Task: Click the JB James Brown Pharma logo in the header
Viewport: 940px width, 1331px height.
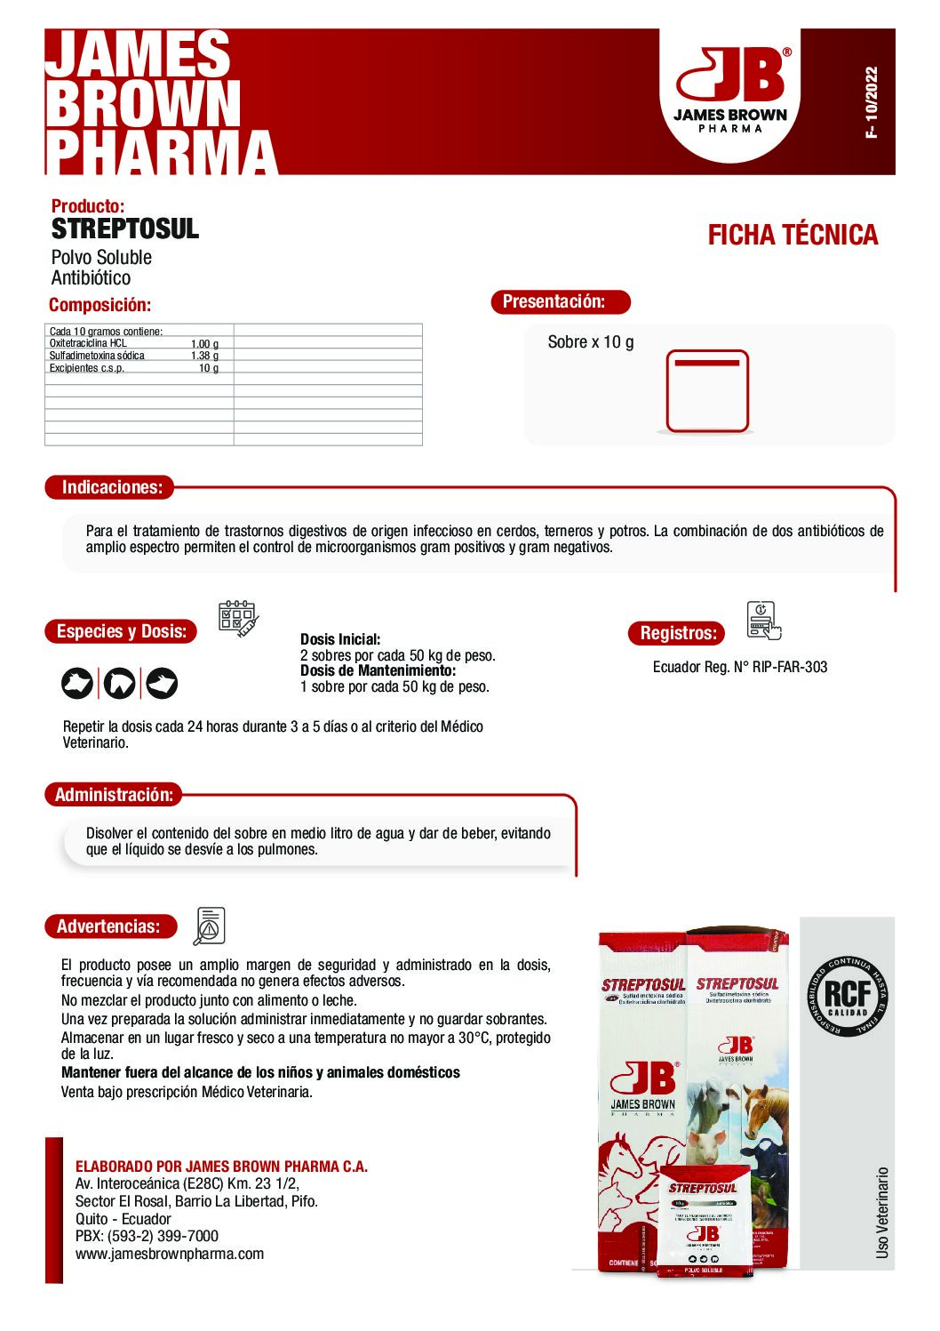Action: [730, 92]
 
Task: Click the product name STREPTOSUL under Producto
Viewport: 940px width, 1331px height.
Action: [125, 229]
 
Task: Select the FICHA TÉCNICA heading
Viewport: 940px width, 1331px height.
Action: [793, 236]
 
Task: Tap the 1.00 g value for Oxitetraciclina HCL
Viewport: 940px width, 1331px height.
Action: [204, 344]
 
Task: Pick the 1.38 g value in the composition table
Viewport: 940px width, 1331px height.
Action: [204, 356]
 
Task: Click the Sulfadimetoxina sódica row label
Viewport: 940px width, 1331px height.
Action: [97, 356]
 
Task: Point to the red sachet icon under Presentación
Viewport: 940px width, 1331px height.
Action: [707, 391]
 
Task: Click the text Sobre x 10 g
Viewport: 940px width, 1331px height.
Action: [591, 342]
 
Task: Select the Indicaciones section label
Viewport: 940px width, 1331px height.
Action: [112, 487]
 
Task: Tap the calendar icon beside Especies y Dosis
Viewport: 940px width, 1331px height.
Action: [237, 617]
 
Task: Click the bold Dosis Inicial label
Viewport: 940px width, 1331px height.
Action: [340, 639]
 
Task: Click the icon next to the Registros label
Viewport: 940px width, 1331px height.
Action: [763, 620]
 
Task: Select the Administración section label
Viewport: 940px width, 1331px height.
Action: [114, 795]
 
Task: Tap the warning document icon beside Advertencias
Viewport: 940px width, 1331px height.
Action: [210, 926]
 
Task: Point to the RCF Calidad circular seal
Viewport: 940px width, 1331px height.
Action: [848, 996]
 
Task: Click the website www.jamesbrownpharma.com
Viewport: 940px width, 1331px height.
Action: [170, 1254]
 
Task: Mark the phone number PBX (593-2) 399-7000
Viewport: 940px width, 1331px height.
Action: [147, 1236]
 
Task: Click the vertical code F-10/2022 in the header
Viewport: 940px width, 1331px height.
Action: [871, 101]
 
